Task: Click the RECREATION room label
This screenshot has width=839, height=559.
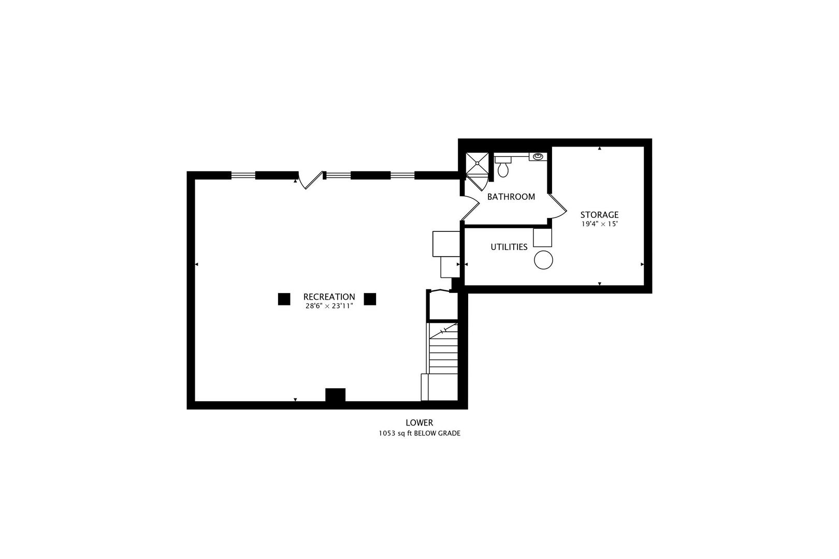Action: coord(329,297)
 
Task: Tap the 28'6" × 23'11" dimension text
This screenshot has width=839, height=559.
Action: coord(329,306)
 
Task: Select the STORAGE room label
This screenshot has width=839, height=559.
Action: coord(599,215)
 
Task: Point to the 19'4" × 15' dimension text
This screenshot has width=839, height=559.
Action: coord(599,224)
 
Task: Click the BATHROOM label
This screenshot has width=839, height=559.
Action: coord(511,197)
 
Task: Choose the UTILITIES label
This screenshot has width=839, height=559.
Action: coord(509,247)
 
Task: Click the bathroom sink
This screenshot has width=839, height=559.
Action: coord(538,156)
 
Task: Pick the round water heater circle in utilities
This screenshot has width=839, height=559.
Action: coord(543,260)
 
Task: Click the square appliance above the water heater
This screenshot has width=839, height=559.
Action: coord(542,238)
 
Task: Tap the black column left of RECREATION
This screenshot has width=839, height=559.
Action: coord(284,299)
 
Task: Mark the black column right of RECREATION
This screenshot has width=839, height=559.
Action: coord(370,299)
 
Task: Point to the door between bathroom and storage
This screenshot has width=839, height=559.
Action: coord(557,207)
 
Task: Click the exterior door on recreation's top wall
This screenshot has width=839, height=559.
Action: coord(310,180)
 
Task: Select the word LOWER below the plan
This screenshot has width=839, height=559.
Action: coord(419,423)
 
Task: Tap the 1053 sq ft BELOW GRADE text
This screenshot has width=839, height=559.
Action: coord(419,434)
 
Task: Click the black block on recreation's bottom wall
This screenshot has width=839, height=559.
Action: coord(335,395)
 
